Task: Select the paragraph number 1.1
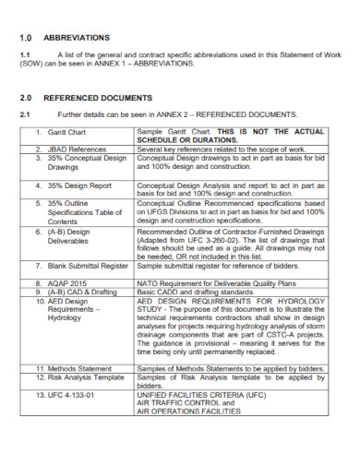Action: coord(25,56)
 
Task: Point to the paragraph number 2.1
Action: coord(25,114)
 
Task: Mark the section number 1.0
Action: coord(27,38)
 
